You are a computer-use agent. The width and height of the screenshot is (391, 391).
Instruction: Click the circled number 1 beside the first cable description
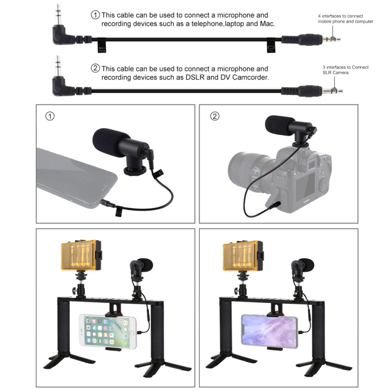point(95,15)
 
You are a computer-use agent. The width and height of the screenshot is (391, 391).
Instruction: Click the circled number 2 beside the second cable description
point(95,68)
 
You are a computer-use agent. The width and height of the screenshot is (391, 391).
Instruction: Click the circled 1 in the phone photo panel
point(50,116)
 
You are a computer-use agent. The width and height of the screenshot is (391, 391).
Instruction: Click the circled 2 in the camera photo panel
point(215,116)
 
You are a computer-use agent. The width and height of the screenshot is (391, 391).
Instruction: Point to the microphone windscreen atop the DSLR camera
point(278,126)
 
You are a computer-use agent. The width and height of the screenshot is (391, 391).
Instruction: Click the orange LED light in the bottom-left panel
point(80,255)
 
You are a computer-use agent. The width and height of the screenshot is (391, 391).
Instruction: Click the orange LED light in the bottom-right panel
point(243,255)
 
